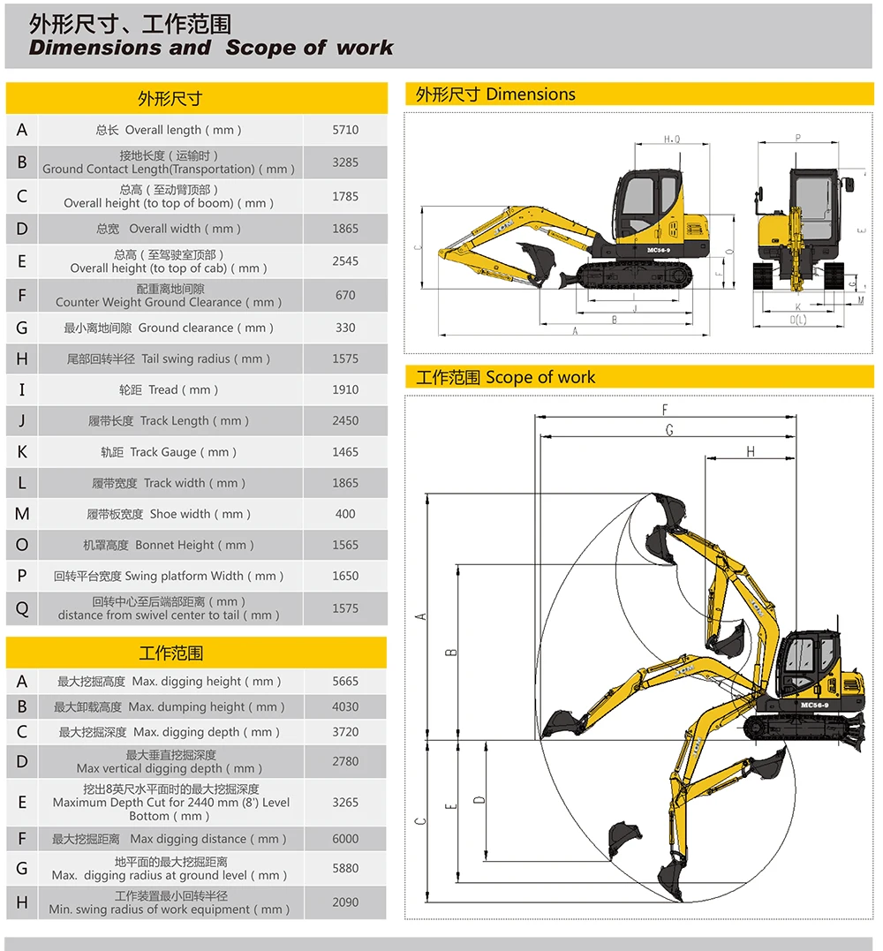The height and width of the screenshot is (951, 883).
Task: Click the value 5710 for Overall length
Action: click(345, 130)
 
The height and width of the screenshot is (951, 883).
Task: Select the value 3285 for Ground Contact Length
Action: click(345, 162)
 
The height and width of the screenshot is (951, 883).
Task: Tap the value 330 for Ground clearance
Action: click(345, 328)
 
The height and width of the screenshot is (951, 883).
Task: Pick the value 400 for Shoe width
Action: click(345, 514)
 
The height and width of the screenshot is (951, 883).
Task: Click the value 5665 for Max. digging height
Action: click(345, 682)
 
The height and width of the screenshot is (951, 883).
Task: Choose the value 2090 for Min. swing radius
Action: click(345, 902)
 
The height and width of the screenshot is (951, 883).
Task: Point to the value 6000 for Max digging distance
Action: click(345, 839)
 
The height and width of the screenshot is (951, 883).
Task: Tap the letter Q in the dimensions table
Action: click(22, 608)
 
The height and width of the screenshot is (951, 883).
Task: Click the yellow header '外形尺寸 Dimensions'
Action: click(495, 94)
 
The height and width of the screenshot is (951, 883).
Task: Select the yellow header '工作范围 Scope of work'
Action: click(506, 377)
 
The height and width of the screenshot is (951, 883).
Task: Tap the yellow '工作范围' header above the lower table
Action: click(170, 653)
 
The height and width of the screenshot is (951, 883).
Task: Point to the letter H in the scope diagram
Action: click(751, 451)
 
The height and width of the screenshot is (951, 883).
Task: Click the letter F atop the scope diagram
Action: click(666, 410)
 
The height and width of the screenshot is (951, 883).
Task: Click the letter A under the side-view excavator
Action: click(575, 331)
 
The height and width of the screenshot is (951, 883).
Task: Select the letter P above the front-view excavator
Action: click(797, 138)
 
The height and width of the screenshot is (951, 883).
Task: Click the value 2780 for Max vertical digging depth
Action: click(345, 761)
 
